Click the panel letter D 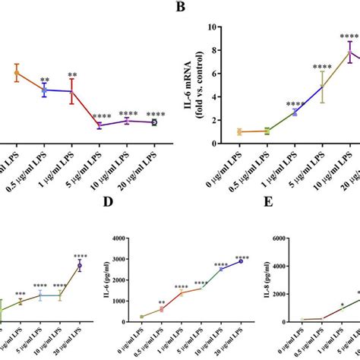(x=109, y=225)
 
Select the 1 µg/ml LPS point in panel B (x=294, y=112)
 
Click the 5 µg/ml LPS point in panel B (x=323, y=87)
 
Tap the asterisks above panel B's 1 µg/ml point (x=294, y=104)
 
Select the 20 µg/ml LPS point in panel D (x=241, y=261)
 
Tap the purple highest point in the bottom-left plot (x=79, y=266)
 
